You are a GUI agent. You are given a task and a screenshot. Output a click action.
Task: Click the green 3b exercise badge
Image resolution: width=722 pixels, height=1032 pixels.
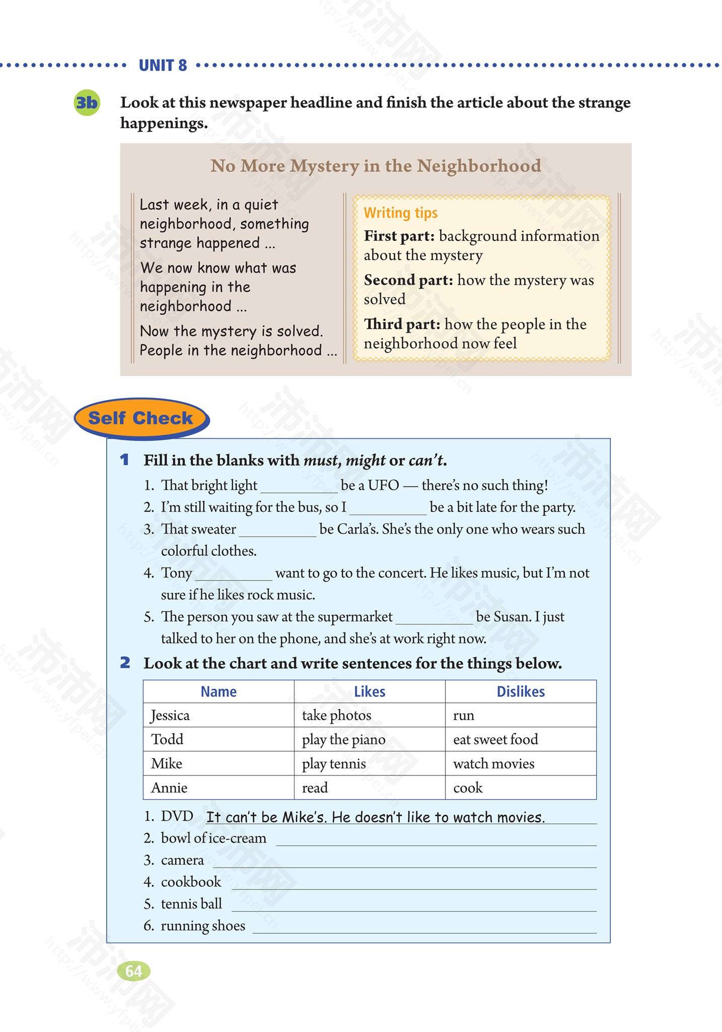(87, 103)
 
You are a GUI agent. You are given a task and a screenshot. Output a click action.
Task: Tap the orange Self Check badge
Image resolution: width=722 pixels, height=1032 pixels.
(140, 418)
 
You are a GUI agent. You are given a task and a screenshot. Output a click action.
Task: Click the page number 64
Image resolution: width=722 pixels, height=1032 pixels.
(133, 971)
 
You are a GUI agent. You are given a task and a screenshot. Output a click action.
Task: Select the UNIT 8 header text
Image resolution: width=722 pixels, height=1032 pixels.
(162, 66)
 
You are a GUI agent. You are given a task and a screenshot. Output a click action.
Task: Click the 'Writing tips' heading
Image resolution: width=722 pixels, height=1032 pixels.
(401, 213)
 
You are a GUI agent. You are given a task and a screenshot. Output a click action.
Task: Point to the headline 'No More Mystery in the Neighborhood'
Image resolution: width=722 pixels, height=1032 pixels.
(376, 165)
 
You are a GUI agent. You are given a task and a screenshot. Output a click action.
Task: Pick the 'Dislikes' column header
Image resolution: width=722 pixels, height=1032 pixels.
(521, 691)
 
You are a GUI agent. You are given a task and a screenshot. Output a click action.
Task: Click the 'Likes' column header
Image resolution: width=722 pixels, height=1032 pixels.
(370, 691)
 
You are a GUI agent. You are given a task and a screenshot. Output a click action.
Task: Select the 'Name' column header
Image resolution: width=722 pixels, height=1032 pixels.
(219, 691)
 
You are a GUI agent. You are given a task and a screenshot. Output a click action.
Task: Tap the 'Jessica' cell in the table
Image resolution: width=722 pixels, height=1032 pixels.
(170, 715)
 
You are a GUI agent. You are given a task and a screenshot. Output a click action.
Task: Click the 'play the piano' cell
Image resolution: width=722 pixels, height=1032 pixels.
(343, 739)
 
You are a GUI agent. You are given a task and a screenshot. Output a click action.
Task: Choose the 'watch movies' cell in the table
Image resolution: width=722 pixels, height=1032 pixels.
(493, 763)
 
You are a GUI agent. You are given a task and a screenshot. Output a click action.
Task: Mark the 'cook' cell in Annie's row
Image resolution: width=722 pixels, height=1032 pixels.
(468, 788)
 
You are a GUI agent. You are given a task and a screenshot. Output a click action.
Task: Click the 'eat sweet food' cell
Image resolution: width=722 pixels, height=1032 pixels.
(495, 739)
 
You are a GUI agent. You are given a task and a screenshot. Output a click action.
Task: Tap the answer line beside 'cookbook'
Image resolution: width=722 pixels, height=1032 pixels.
(413, 883)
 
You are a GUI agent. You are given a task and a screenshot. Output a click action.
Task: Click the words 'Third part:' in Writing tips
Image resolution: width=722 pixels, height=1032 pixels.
(402, 324)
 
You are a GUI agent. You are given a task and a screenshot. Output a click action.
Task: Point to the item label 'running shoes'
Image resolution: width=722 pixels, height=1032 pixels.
(203, 926)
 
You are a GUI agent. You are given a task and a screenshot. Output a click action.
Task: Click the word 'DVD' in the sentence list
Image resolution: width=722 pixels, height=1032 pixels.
(177, 816)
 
